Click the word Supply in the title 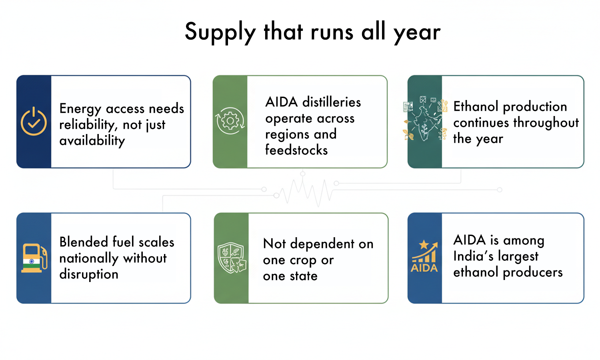tap(220, 33)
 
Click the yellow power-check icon tap(34, 121)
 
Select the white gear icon tap(230, 121)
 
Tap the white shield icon tap(232, 258)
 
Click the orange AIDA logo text tap(424, 268)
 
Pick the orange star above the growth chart tap(424, 244)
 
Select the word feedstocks tap(296, 150)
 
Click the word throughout tap(546, 123)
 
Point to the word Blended tap(84, 242)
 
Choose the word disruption tap(89, 274)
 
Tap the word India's tap(473, 256)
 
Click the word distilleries tap(332, 102)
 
